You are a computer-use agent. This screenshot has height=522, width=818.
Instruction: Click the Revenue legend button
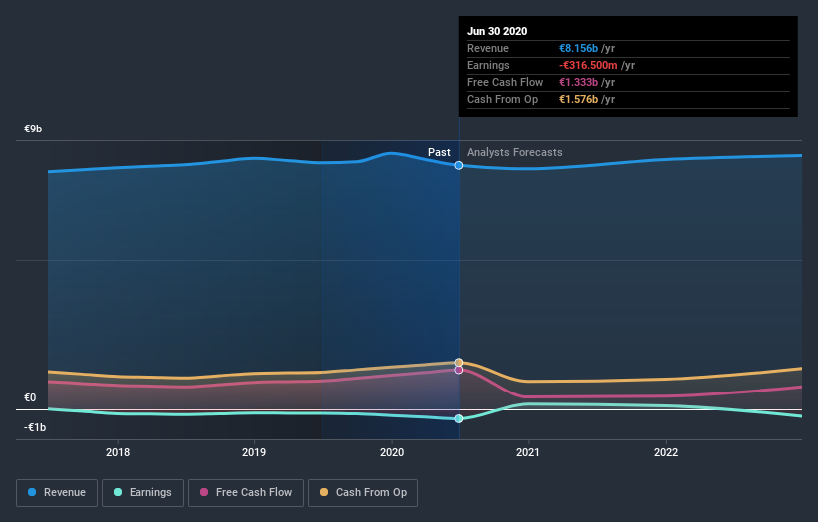(58, 492)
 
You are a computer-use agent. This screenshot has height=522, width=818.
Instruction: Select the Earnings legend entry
(142, 492)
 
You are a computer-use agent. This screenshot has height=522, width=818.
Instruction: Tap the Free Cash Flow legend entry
(246, 492)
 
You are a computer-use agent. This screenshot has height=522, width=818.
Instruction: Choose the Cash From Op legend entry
(363, 492)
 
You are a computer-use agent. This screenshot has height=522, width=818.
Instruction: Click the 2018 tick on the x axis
(118, 452)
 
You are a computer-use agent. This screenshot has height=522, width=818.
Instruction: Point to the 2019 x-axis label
(254, 452)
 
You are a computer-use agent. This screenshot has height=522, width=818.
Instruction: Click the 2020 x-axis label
(392, 452)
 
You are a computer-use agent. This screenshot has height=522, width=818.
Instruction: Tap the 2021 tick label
(528, 452)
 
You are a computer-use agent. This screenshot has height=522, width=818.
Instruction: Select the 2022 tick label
(665, 452)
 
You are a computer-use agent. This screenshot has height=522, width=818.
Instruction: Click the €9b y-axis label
(34, 130)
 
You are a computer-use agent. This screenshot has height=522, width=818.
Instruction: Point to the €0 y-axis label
(30, 398)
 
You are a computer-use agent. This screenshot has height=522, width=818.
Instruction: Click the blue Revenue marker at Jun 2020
(459, 165)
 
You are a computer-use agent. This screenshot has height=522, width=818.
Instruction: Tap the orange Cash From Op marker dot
(459, 363)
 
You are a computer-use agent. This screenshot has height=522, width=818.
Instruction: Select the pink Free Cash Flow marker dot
(459, 370)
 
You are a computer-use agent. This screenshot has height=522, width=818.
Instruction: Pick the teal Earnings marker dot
(459, 419)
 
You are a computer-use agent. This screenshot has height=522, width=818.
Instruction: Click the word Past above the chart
(439, 153)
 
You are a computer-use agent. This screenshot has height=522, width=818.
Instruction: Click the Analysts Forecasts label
(514, 153)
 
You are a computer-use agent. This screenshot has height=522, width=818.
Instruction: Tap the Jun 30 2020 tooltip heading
(497, 31)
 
